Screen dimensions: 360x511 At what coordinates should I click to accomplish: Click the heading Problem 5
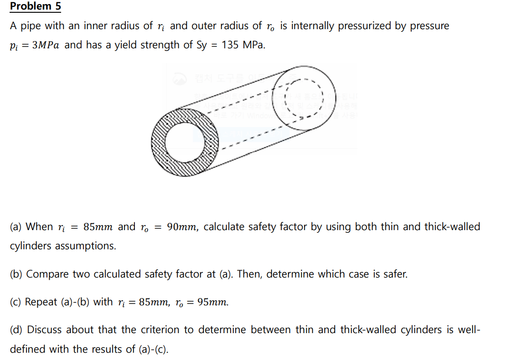[x=35, y=6]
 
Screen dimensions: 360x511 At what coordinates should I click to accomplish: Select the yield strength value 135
[x=230, y=45]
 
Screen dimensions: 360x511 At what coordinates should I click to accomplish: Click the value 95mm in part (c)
[x=212, y=303]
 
